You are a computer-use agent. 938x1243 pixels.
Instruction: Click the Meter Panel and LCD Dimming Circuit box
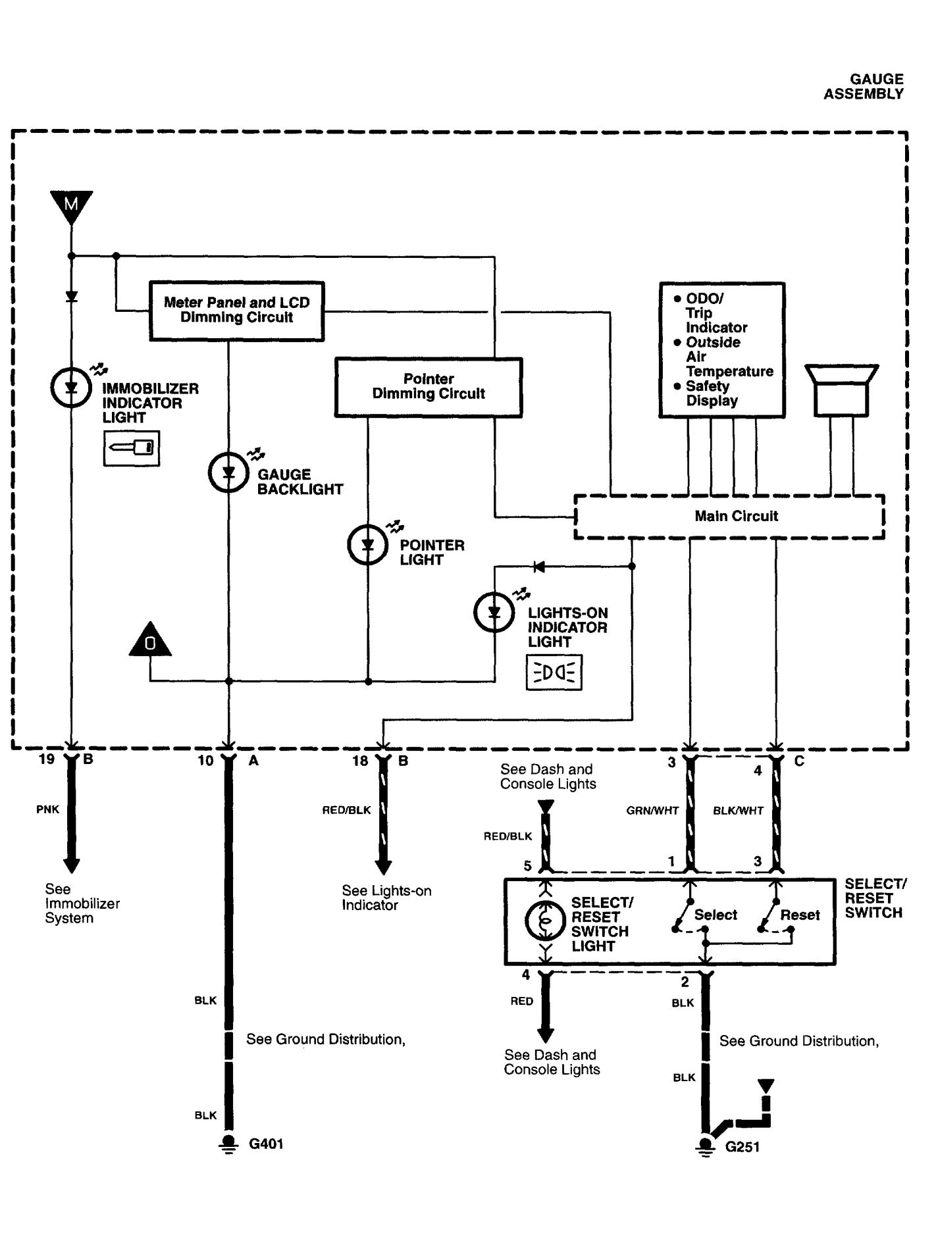pyautogui.click(x=236, y=311)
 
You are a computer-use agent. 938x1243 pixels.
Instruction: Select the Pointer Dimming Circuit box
pyautogui.click(x=429, y=387)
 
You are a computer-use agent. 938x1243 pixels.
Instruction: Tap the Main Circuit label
pyautogui.click(x=736, y=517)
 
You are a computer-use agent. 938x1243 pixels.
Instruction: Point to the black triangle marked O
pyautogui.click(x=150, y=640)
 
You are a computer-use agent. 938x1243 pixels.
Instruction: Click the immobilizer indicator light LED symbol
pyautogui.click(x=71, y=388)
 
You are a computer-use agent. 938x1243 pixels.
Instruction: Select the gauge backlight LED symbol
pyautogui.click(x=228, y=472)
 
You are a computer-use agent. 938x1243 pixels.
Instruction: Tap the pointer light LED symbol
pyautogui.click(x=368, y=544)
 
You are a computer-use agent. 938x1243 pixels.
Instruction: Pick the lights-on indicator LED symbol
pyautogui.click(x=494, y=612)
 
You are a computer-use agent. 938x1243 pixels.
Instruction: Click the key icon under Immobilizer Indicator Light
pyautogui.click(x=132, y=448)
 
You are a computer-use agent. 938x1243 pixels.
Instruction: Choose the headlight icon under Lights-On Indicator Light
pyautogui.click(x=554, y=672)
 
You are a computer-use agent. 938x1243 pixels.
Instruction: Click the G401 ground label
pyautogui.click(x=266, y=1144)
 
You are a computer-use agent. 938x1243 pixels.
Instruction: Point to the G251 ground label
pyautogui.click(x=743, y=1148)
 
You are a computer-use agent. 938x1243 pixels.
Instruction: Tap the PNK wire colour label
pyautogui.click(x=47, y=810)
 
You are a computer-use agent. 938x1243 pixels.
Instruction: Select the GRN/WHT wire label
pyautogui.click(x=652, y=811)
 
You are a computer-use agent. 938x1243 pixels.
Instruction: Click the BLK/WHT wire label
pyautogui.click(x=738, y=811)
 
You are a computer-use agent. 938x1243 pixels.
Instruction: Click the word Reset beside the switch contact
pyautogui.click(x=800, y=915)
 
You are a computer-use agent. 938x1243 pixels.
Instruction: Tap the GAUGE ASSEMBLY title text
pyautogui.click(x=863, y=87)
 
